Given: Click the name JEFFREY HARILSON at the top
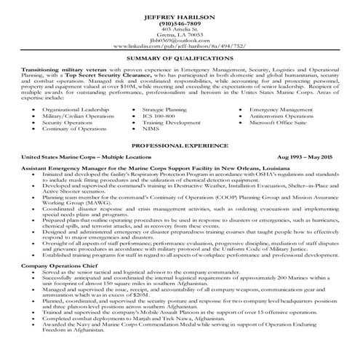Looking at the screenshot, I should [x=180, y=15].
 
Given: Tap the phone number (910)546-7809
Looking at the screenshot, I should [x=180, y=23].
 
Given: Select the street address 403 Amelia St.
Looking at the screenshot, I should [x=180, y=30].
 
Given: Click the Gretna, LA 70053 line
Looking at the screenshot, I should [x=180, y=36].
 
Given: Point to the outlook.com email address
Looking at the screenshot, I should [x=180, y=43].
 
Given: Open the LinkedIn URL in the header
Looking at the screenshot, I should [x=180, y=49].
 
